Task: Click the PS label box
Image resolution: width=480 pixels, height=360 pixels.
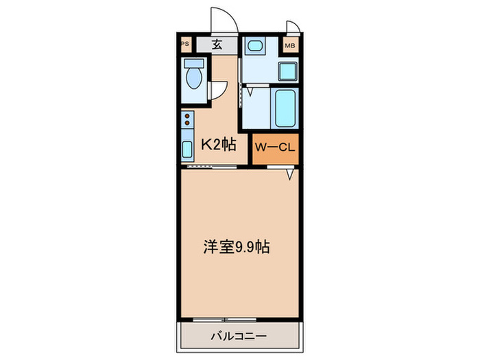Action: [184, 46]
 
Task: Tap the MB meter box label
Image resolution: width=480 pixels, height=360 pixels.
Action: [291, 46]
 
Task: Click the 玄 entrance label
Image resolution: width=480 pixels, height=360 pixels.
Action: [217, 46]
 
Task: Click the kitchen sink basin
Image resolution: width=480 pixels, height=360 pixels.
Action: [187, 149]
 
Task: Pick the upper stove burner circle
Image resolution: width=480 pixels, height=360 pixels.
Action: [187, 118]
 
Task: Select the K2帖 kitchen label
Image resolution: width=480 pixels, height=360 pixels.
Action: [219, 144]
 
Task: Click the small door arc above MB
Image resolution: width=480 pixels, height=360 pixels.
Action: [293, 27]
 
